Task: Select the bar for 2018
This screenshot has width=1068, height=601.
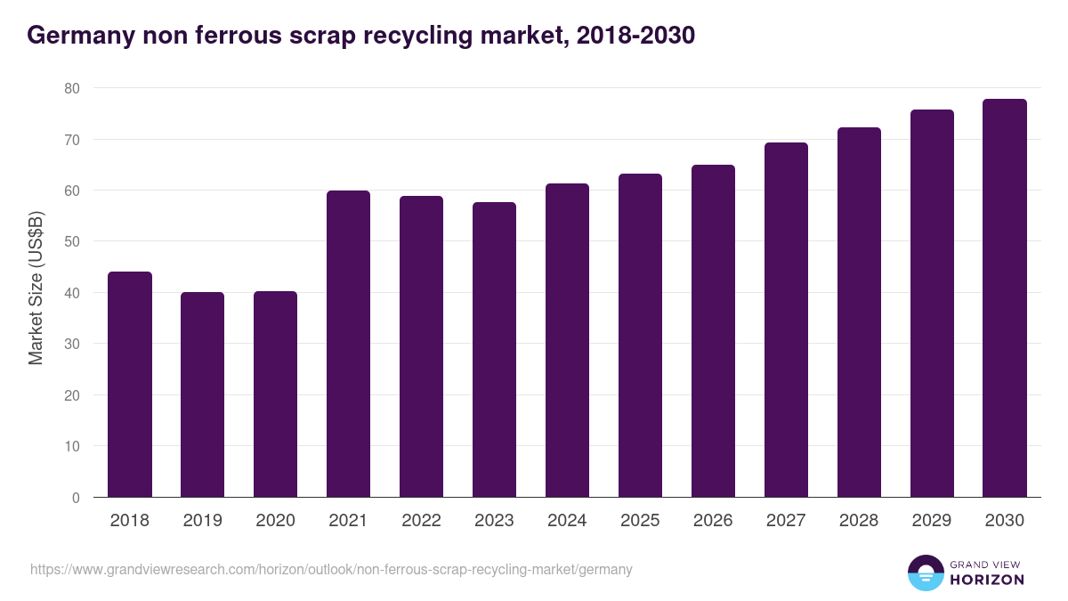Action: (130, 385)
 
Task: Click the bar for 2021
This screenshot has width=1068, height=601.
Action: (348, 344)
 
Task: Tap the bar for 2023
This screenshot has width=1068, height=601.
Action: (494, 350)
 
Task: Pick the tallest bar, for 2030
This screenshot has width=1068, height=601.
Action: (1005, 298)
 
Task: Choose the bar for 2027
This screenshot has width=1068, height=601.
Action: (786, 320)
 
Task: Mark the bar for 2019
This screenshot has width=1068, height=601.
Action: (202, 394)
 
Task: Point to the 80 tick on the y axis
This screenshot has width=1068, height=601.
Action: (72, 88)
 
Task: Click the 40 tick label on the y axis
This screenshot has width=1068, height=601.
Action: (72, 293)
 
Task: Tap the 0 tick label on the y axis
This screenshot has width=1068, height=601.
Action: (76, 498)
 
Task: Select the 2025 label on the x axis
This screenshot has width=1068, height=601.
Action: (640, 521)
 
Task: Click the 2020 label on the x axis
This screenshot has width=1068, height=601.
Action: (275, 521)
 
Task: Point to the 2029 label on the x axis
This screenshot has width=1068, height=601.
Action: (932, 521)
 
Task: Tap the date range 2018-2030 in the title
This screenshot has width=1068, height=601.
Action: (635, 37)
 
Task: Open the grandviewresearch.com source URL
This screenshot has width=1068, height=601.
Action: (331, 569)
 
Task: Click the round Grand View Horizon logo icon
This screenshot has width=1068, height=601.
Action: (926, 573)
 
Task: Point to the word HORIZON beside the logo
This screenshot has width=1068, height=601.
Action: (988, 580)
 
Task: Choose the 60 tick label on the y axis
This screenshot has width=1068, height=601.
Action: (72, 191)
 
